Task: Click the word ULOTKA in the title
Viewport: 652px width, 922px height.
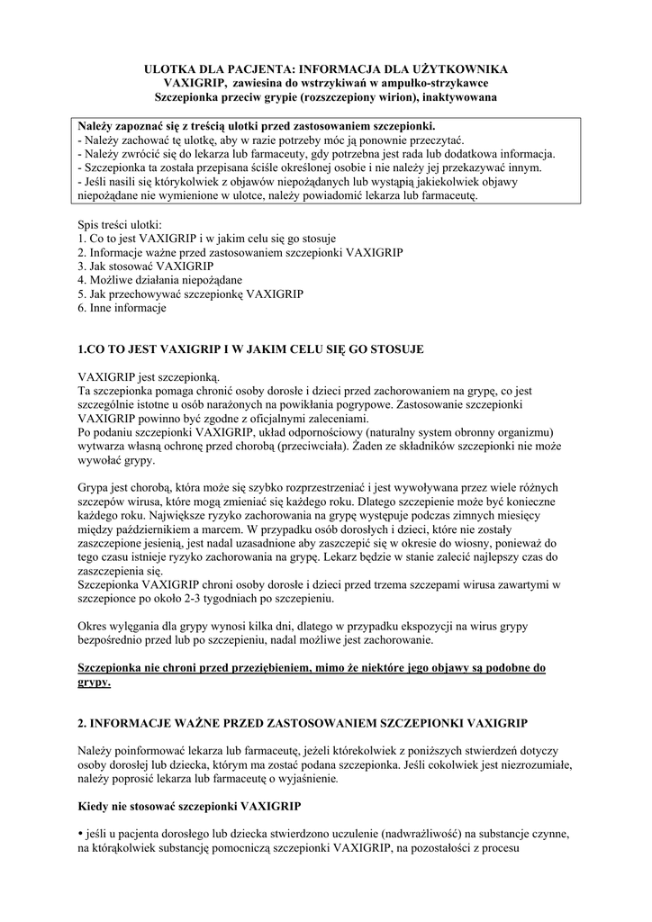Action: pos(172,68)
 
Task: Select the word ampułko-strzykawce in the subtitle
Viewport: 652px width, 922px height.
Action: pos(452,82)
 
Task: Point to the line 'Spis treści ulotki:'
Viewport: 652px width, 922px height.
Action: pos(120,224)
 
